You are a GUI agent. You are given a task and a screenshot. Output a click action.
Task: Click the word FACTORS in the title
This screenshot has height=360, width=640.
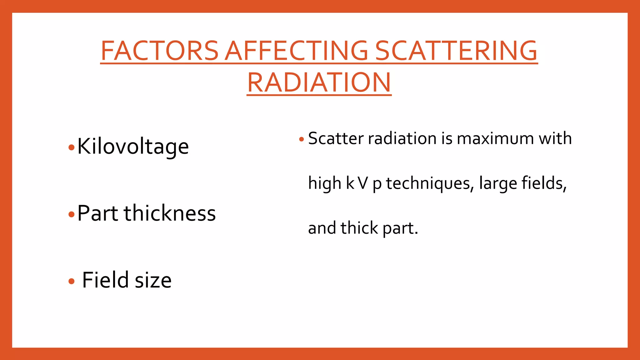click(x=159, y=51)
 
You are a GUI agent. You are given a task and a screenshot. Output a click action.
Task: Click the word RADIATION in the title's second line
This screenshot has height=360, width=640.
click(x=319, y=82)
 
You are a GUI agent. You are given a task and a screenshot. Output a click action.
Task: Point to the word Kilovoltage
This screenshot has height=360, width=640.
click(x=133, y=146)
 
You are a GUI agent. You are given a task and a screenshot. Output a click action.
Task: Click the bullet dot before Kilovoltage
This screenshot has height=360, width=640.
click(x=72, y=147)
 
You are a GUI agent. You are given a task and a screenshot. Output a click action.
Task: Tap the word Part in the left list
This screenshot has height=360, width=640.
click(x=97, y=213)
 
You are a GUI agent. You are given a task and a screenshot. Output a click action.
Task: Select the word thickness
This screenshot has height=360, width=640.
click(x=170, y=213)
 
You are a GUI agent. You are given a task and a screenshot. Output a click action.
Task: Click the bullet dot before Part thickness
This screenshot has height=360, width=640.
click(x=72, y=214)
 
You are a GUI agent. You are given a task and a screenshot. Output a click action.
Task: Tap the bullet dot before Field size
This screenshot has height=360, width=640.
click(x=72, y=281)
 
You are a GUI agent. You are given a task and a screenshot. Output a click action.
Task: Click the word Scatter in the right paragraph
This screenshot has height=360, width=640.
click(x=336, y=138)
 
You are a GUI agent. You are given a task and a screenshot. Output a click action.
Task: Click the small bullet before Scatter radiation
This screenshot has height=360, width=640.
click(x=301, y=139)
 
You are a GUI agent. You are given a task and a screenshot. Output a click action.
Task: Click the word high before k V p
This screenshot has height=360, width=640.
click(x=324, y=183)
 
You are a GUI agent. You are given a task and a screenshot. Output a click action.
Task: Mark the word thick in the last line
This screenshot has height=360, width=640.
click(x=359, y=228)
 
